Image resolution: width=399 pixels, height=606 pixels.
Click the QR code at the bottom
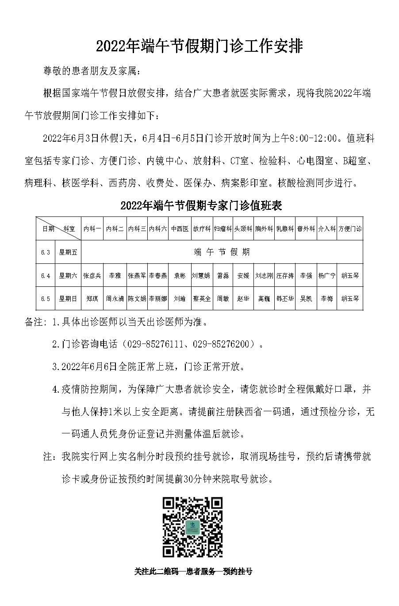point(192,527)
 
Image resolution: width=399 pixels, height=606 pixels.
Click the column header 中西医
point(180,229)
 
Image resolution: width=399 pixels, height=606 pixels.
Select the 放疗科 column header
point(202,229)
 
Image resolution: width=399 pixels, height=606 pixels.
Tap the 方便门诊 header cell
point(350,229)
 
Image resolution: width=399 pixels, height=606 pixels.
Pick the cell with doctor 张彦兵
point(92,275)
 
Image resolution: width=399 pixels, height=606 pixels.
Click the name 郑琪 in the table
point(92,299)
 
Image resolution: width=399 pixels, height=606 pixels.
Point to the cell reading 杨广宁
point(327,275)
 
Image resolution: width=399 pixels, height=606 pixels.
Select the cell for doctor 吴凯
point(306,299)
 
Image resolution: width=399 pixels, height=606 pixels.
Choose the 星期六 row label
point(68,275)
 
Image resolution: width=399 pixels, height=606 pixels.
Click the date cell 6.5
point(45,299)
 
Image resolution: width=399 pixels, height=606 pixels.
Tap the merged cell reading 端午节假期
point(222,252)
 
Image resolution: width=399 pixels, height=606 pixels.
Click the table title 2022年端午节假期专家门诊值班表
point(201,205)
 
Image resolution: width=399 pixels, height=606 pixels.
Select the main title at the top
point(199,46)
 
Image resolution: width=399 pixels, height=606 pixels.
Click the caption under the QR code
point(193,571)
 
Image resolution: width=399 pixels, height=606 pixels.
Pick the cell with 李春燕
point(158,275)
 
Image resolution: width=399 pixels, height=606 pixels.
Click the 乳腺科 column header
point(285,229)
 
